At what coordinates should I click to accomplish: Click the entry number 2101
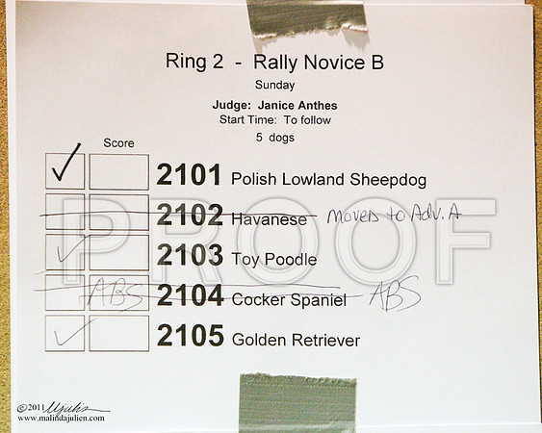pos(189,175)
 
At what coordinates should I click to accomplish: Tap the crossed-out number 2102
pos(190,215)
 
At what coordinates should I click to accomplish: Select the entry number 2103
pos(190,255)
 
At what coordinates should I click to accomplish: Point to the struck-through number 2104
pos(190,295)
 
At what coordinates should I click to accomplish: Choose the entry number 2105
pos(190,335)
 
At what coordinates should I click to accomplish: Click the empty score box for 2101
pos(119,171)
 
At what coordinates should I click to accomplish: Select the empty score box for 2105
pos(119,333)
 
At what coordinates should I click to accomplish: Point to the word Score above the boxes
pos(118,143)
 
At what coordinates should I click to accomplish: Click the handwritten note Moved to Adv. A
pos(394,216)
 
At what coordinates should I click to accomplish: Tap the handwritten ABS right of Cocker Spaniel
pos(395,293)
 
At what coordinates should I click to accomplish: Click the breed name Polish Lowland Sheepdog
pos(328,180)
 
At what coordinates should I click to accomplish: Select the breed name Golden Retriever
pos(296,340)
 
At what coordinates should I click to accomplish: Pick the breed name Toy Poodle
pos(274,260)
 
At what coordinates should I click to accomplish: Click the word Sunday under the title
pos(274,86)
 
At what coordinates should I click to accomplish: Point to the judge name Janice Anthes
pos(297,106)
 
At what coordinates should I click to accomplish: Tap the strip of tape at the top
pos(307,18)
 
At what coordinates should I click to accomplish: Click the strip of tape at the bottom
pos(297,403)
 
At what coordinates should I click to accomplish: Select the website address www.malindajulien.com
pos(61,419)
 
